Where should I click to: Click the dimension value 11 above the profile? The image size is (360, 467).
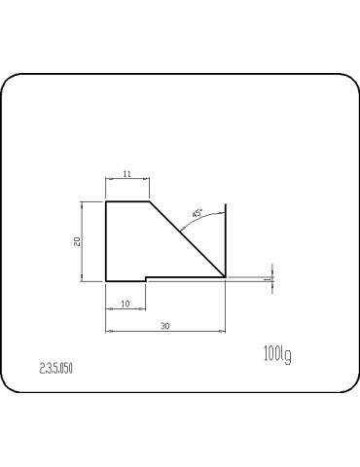coord(126,173)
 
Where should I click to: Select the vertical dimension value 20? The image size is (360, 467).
coord(77,240)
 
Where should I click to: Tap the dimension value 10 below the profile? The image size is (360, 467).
coord(126,304)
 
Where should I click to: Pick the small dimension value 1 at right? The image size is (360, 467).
coord(267,278)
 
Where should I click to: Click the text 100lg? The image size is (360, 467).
coord(276,354)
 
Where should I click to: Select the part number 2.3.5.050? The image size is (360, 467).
coord(56,370)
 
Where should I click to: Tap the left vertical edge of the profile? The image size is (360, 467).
coord(105,240)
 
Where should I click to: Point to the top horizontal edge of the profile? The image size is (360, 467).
coord(126,201)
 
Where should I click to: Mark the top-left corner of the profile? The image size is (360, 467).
coord(105,201)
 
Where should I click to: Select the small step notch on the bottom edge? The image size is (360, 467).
coord(146,279)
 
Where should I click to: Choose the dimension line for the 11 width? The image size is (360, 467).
coord(126,180)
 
